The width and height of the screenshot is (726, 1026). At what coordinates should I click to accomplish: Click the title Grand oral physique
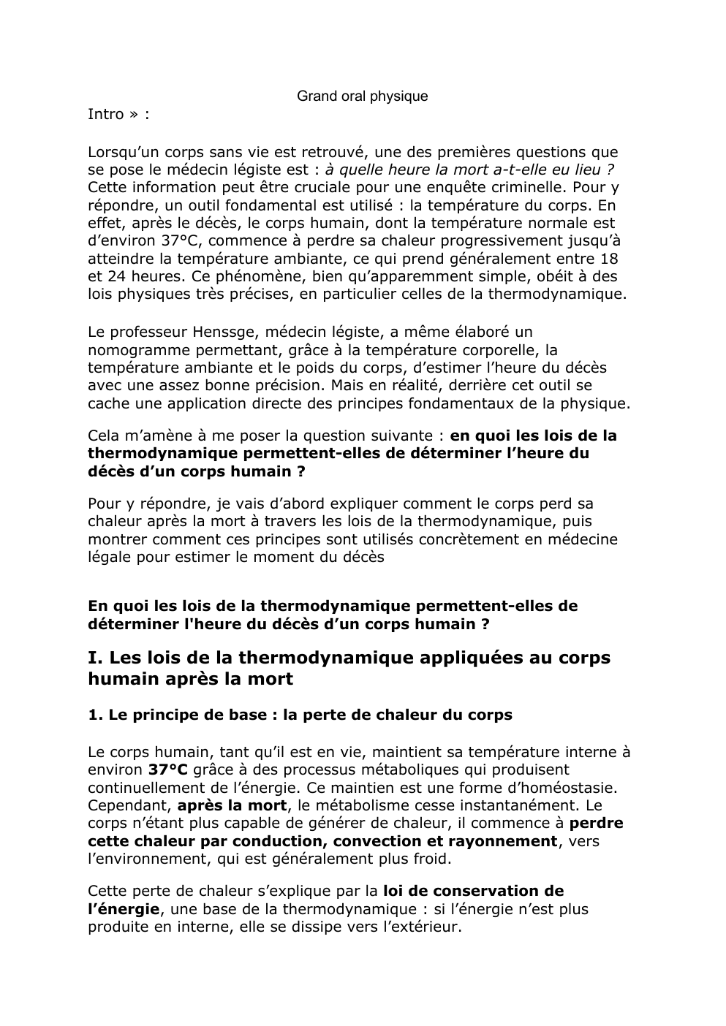pos(362,96)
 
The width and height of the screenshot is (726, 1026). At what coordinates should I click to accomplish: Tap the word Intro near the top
pos(105,114)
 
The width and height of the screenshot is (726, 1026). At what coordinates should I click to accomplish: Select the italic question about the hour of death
pos(469,170)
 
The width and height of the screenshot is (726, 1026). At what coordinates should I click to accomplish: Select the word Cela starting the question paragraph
pos(104,436)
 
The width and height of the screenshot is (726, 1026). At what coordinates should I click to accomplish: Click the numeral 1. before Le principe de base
pos(95,715)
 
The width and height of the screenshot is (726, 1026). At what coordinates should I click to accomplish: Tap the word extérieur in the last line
pos(420,927)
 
